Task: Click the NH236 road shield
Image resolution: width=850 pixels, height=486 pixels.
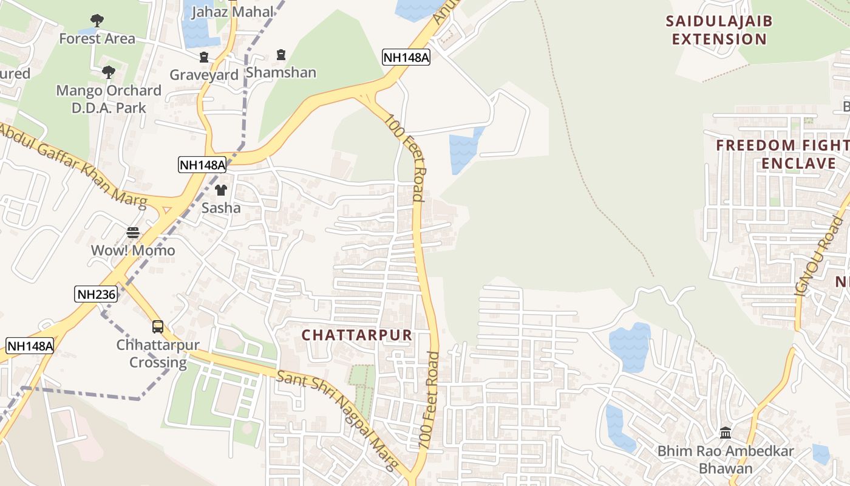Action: pos(96,295)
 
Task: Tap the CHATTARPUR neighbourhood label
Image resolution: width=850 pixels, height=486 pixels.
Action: pos(357,335)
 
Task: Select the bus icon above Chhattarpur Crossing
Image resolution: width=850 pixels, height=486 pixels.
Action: pos(158,326)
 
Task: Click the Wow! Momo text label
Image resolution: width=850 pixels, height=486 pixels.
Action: pos(133,250)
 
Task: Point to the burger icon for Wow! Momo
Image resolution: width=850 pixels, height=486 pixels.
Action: pos(133,232)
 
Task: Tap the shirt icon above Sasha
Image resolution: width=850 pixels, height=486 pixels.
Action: pos(221,190)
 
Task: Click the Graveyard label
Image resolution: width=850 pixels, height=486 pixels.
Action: pos(204,75)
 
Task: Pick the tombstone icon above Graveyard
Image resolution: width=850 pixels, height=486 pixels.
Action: pos(204,57)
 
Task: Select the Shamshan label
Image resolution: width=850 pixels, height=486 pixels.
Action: pos(280,72)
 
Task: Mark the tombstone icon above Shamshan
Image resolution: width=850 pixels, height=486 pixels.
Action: pos(280,55)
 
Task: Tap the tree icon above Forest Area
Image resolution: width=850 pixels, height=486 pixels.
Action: pos(97,21)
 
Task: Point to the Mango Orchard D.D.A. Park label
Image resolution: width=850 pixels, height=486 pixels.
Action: pos(109,99)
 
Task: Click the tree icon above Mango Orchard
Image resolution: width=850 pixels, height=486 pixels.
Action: pos(109,72)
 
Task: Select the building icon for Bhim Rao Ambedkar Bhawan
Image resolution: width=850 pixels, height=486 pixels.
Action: pos(726,433)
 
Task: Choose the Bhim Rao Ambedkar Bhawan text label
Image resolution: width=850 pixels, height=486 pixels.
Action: pos(726,460)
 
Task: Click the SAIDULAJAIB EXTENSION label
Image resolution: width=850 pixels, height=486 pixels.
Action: pos(719,30)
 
